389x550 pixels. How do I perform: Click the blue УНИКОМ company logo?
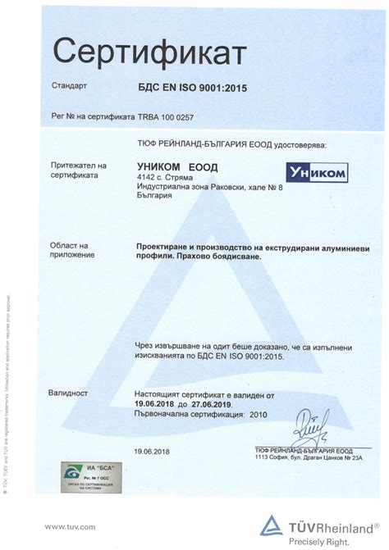317,172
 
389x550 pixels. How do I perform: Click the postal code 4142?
146,176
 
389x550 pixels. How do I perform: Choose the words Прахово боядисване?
220,257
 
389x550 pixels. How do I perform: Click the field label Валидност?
69,393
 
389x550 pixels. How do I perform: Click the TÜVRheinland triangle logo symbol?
272,526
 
